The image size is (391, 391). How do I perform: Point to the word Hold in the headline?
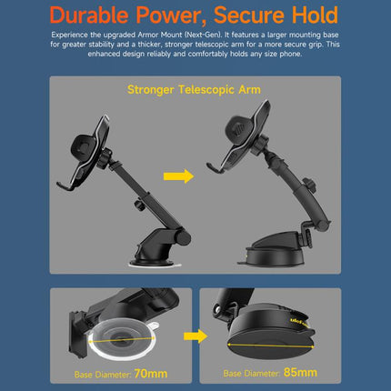[x=317, y=15]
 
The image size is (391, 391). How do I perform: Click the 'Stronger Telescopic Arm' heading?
[x=195, y=91]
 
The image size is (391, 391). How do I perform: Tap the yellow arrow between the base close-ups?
[x=194, y=336]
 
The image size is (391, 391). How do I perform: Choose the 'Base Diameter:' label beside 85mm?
[x=252, y=373]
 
